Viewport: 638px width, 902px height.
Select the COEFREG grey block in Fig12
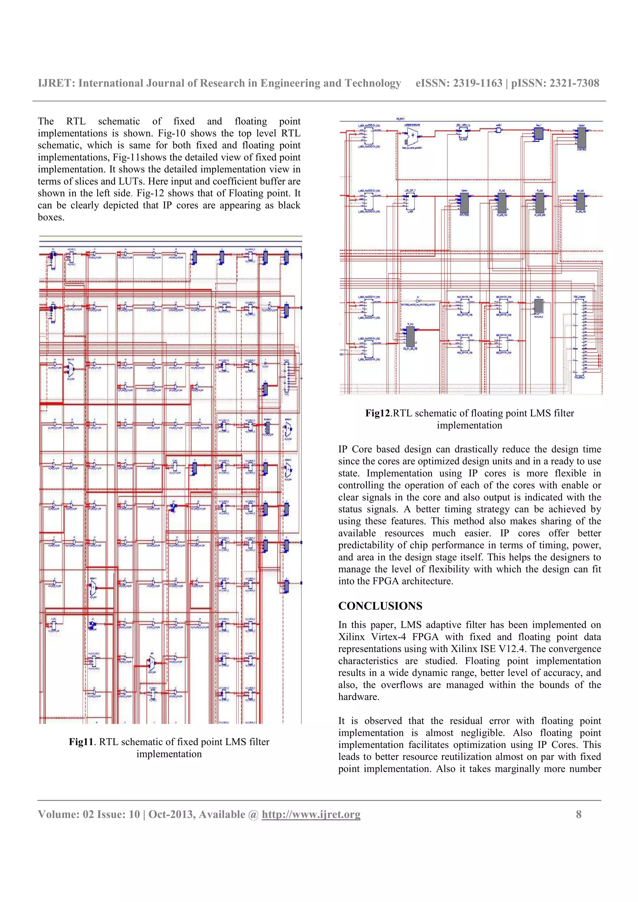pyautogui.click(x=581, y=138)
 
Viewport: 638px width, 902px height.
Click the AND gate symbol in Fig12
pyautogui.click(x=498, y=130)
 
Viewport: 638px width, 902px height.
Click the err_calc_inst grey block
pyautogui.click(x=581, y=201)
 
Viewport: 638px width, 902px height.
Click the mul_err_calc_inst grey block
pyautogui.click(x=410, y=336)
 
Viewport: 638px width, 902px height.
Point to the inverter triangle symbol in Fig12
pyautogui.click(x=419, y=301)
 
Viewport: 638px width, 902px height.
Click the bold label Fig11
pyautogui.click(x=81, y=742)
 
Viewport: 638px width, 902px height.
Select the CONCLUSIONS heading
pyautogui.click(x=380, y=606)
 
